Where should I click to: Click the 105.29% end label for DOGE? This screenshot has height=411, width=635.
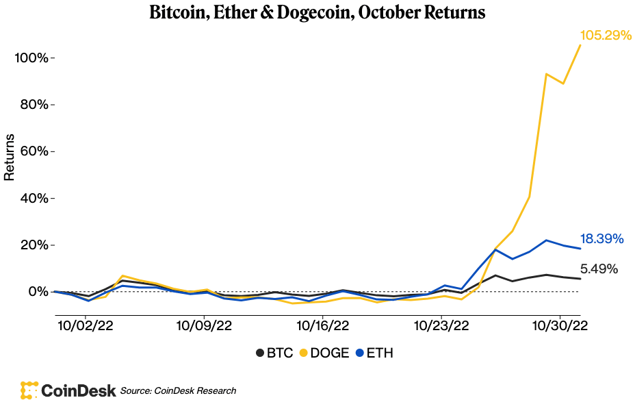coord(605,35)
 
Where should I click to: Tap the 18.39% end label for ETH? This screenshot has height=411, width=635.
coord(601,239)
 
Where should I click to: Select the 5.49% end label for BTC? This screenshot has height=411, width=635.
coord(599,269)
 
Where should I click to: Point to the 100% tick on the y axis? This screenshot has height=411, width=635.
coord(31,58)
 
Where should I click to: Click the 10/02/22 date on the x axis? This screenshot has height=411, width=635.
coord(85,324)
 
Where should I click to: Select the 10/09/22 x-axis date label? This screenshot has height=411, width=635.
coord(204,324)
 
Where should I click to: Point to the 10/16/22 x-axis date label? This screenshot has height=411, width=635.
coord(323,324)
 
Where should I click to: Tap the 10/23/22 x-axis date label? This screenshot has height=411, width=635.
coord(442,324)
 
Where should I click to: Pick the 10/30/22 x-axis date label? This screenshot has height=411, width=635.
coord(561,324)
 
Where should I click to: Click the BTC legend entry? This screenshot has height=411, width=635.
coord(274,353)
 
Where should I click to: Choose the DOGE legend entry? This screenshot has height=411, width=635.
coord(324,353)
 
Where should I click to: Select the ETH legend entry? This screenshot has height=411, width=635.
coord(374,353)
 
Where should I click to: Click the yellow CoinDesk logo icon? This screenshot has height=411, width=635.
coord(29,390)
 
